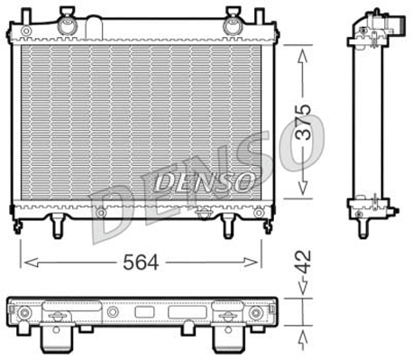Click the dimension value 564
[139, 262]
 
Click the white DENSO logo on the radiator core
[206, 181]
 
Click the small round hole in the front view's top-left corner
[26, 31]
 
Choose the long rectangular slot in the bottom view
[187, 312]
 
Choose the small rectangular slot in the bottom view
[145, 312]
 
